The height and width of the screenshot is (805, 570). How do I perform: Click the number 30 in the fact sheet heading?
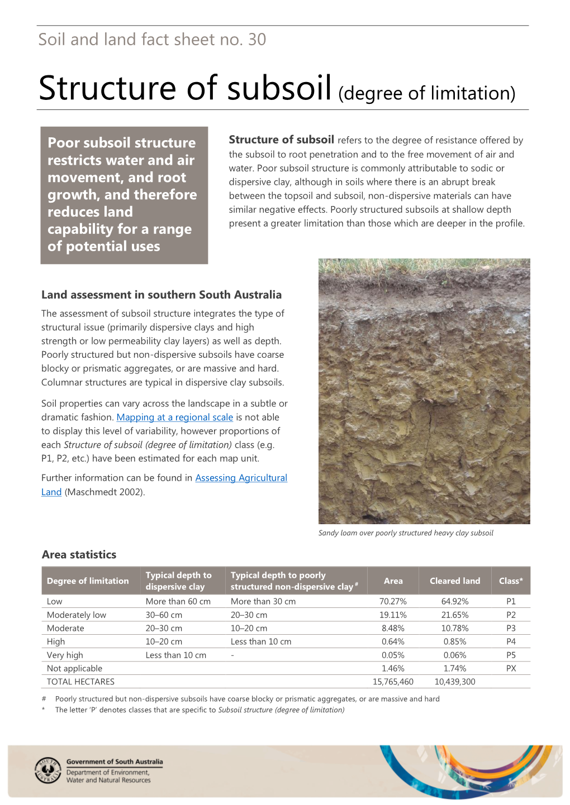coord(257,40)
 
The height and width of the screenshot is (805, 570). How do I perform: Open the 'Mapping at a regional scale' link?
coord(174,418)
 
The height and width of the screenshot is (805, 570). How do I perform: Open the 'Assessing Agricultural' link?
coord(241,478)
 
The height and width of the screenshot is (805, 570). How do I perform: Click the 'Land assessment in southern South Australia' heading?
coord(161,295)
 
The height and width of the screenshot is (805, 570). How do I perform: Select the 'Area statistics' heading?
coord(79,554)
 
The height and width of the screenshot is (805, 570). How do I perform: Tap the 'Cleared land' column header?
coord(454,581)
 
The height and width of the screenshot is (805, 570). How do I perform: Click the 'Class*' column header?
coord(511,581)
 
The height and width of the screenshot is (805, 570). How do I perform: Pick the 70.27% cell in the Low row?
coord(393,601)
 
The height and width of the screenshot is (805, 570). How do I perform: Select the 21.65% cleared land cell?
coord(454,615)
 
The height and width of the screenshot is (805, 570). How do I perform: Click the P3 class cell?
coord(511,628)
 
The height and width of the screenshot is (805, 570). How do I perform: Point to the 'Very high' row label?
coord(65,655)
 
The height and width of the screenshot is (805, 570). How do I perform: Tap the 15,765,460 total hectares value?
coord(393,682)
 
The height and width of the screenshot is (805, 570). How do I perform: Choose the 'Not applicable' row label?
coord(74,668)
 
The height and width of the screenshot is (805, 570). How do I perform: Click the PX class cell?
coord(511,668)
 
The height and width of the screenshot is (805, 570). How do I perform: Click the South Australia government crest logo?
coord(48,770)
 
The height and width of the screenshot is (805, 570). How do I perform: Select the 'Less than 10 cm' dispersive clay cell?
coord(175,655)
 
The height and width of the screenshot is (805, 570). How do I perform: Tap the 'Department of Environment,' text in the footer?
coord(108,773)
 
